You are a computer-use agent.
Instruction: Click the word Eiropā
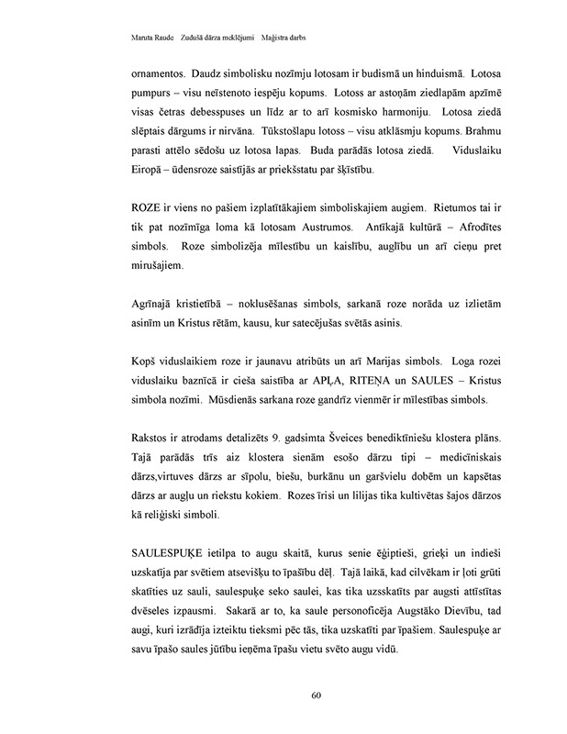125,171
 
